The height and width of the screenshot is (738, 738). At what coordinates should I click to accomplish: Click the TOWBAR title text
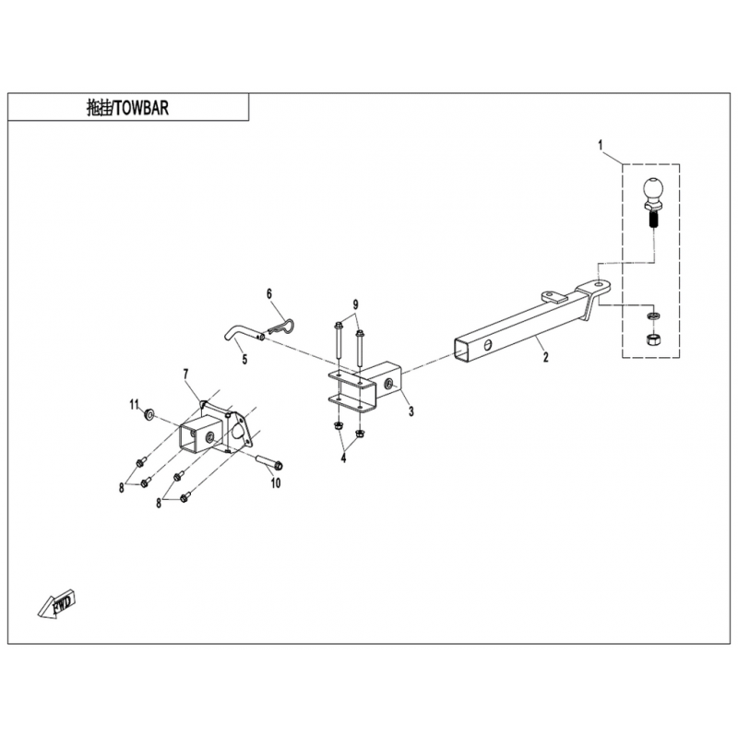[128, 107]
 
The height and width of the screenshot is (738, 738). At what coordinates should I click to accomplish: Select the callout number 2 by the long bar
[544, 354]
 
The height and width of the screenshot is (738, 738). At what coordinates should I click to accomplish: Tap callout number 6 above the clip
[269, 293]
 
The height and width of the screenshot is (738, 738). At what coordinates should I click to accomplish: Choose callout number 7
[185, 373]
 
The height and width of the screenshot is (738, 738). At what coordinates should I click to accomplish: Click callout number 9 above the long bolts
[354, 304]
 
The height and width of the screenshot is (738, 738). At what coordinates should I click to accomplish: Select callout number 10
[274, 482]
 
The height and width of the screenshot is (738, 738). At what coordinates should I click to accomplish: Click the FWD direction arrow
[57, 604]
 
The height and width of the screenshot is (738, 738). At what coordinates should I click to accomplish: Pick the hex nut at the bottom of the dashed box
[650, 341]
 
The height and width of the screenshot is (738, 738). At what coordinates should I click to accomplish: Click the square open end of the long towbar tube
[463, 349]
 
